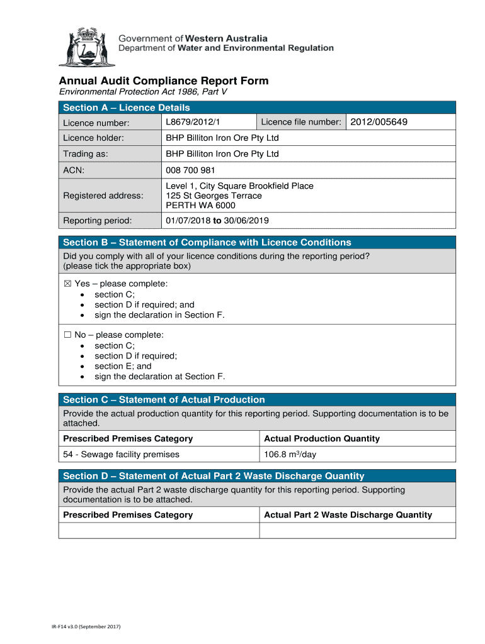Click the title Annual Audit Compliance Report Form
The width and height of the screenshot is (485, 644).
[x=164, y=81]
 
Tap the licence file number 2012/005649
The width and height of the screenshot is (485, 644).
[x=379, y=122]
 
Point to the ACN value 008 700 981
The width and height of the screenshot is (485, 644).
[x=191, y=170]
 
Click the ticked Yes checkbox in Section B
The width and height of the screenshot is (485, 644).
[x=67, y=284]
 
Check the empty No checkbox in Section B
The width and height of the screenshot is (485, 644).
[x=67, y=335]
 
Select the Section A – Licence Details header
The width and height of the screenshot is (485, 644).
[x=127, y=108]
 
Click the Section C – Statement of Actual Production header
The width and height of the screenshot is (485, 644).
[x=164, y=400]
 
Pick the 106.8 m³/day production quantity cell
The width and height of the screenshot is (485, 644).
[x=290, y=455]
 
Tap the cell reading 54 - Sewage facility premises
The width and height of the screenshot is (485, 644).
[x=122, y=455]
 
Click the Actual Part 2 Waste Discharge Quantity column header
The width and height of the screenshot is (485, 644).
[x=348, y=515]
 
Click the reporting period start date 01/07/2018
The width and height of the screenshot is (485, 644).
[x=188, y=221]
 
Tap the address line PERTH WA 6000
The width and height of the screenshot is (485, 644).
[x=200, y=206]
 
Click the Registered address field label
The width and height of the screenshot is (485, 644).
[x=103, y=196]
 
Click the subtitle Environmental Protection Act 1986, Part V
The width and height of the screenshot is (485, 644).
[x=143, y=92]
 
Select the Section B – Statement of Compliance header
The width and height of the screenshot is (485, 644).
[x=207, y=243]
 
